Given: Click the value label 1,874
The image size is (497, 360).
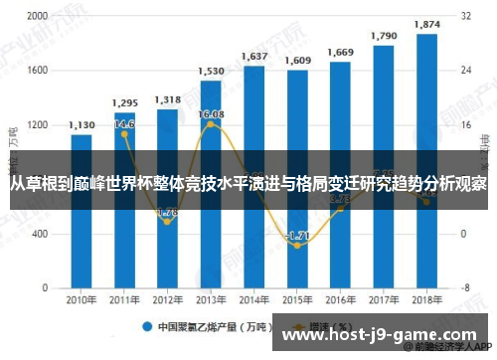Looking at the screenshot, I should click(426, 24).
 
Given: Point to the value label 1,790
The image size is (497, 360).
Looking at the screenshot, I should click(384, 36).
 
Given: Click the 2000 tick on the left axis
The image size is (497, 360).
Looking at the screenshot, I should click(37, 17).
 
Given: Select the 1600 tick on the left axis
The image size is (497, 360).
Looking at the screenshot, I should click(37, 71).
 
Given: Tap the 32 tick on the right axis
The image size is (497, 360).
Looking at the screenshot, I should click(465, 17).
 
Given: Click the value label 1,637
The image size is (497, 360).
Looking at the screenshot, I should click(254, 56).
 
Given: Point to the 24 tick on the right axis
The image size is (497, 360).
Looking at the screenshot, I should click(465, 71).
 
